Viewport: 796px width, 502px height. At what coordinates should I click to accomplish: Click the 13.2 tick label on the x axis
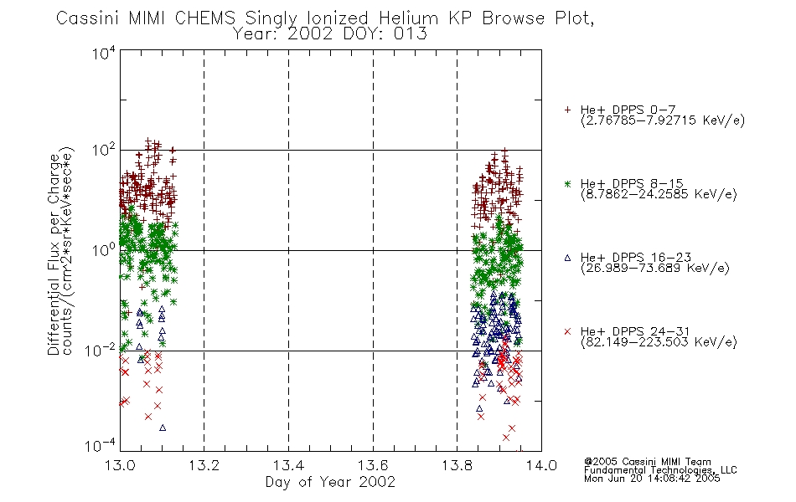click(204, 465)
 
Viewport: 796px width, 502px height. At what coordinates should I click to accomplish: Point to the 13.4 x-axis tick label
click(288, 465)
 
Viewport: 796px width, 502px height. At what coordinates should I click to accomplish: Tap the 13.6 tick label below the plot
click(373, 465)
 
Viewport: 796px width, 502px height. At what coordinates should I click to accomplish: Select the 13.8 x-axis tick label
click(457, 465)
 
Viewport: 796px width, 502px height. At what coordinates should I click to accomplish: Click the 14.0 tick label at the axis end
click(541, 465)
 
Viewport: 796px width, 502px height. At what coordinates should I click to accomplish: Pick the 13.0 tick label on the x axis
click(120, 465)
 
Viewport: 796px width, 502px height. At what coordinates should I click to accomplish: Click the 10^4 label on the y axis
click(104, 54)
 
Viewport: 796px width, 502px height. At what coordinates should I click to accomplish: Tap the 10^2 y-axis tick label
click(104, 151)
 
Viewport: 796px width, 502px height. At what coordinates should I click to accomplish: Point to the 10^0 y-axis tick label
click(104, 250)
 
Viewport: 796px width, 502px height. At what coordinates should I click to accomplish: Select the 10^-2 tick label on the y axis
click(101, 350)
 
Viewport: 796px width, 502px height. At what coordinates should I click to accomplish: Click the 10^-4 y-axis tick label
click(101, 446)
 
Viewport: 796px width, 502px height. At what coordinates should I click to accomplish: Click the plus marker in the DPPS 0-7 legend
click(567, 110)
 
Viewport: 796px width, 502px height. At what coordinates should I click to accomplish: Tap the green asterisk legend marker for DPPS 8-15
click(567, 183)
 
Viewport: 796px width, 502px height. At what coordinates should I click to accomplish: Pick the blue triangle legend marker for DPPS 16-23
click(567, 258)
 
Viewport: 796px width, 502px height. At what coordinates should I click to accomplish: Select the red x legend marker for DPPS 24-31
click(567, 331)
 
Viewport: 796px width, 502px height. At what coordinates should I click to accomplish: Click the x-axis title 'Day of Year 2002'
click(330, 482)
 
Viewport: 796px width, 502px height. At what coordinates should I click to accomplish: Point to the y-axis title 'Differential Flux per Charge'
click(54, 254)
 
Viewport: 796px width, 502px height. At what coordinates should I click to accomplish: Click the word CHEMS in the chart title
click(205, 18)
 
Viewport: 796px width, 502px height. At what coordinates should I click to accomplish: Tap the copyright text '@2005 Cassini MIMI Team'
click(648, 462)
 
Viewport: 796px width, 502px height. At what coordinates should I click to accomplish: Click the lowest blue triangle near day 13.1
click(163, 428)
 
